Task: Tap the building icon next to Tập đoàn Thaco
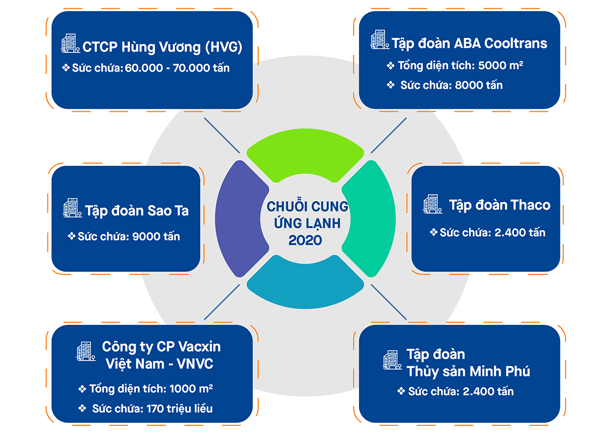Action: click(432, 204)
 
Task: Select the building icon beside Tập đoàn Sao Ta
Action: click(72, 209)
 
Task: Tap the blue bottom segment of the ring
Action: click(305, 280)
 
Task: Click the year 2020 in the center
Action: click(305, 240)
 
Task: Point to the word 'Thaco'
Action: click(531, 205)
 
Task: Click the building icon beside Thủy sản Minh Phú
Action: click(392, 360)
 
